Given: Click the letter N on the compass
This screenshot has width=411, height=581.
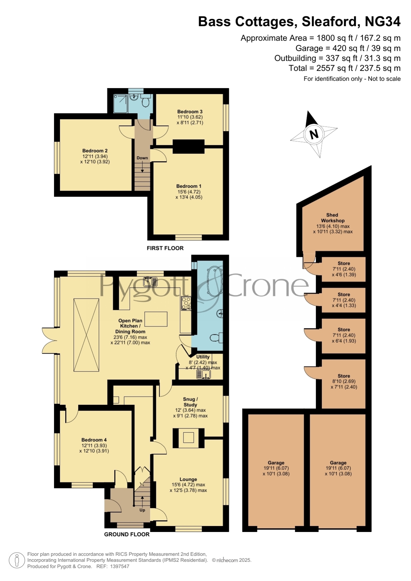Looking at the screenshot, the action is (314, 134).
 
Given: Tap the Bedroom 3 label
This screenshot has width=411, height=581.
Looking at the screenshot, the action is (190, 112).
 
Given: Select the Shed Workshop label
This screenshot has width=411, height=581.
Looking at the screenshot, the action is (333, 218).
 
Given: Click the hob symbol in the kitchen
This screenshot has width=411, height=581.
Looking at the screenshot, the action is (186, 303).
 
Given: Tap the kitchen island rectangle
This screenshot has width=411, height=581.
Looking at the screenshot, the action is (156, 319).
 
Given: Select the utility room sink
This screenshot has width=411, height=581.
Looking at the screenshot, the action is (204, 374).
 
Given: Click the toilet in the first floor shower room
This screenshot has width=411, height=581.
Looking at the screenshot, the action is (145, 101).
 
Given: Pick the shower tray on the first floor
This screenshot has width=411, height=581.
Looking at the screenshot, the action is (120, 103).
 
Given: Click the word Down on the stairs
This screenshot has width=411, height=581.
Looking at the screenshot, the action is (142, 158).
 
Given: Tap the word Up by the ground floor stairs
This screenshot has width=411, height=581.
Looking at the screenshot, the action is (142, 510).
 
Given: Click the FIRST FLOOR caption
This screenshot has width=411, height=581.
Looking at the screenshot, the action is (165, 248).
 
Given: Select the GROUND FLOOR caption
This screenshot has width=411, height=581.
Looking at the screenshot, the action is (127, 534).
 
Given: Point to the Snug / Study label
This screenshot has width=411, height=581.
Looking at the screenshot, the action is (190, 402).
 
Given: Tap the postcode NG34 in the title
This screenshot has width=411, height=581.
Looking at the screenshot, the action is (383, 22).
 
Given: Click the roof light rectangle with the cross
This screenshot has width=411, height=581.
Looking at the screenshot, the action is (86, 335).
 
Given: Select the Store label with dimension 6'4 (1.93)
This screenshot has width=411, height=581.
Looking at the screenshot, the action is (344, 329).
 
